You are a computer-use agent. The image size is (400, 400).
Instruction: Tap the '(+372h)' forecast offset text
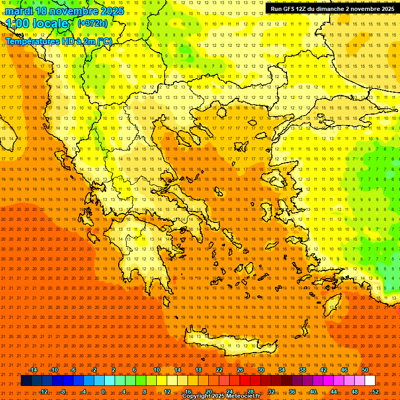[x=93, y=23]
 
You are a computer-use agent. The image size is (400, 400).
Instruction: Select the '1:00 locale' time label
[x=37, y=23]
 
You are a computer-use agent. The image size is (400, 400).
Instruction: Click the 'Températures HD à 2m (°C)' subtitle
[x=58, y=41]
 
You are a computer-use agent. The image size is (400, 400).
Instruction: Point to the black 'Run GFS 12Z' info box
[x=332, y=8]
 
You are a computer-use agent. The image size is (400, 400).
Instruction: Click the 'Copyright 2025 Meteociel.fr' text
[x=221, y=396]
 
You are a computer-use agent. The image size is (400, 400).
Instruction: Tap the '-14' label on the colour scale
[x=33, y=370]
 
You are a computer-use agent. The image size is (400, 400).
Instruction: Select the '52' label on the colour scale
[x=376, y=392]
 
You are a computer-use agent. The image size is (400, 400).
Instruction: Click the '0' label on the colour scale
[x=103, y=392]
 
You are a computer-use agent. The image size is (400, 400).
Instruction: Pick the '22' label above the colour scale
[x=219, y=370]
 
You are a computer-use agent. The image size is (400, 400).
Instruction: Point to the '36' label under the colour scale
[x=292, y=392]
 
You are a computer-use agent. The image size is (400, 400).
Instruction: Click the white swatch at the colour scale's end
[x=370, y=381]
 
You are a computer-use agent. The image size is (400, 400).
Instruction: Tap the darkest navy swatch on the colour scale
[x=26, y=381]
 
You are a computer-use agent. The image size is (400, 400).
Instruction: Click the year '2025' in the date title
[x=113, y=11]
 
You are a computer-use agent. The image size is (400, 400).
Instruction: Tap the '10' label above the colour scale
[x=157, y=370]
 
